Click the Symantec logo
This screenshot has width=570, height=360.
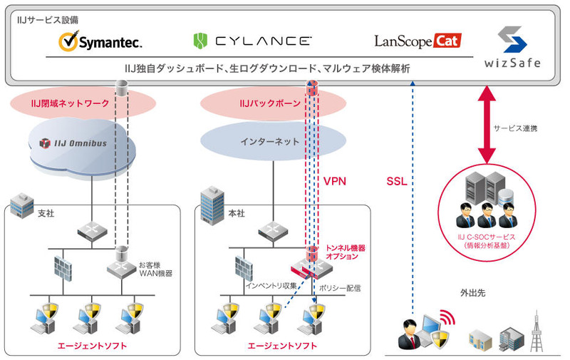point(100,42)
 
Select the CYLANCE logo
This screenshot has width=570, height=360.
point(252,41)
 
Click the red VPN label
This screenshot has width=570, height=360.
point(335,181)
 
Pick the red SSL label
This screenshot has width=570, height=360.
point(396,181)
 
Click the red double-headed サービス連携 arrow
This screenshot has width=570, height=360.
point(487,125)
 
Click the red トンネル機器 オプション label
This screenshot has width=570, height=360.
point(346,252)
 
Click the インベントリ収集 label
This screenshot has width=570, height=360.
point(271,285)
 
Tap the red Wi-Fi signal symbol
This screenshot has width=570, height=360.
point(447,315)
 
